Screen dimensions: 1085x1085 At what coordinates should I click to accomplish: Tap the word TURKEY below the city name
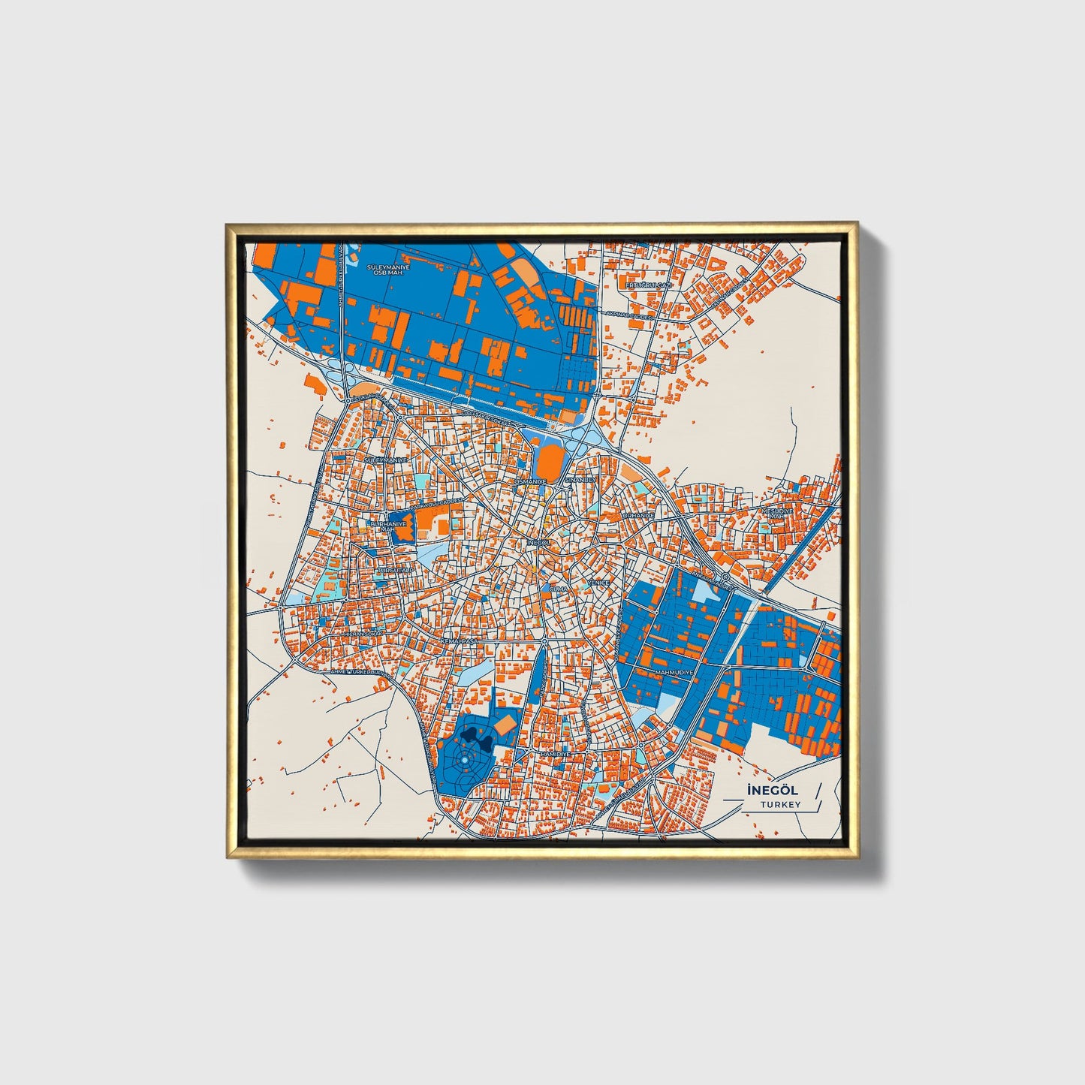click(780, 804)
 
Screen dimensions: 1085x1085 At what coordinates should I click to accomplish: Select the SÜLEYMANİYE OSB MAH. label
click(387, 269)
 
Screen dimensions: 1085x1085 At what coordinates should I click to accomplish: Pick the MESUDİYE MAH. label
click(777, 513)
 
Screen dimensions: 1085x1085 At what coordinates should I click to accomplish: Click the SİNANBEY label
click(580, 479)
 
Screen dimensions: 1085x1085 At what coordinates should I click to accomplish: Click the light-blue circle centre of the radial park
click(464, 761)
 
